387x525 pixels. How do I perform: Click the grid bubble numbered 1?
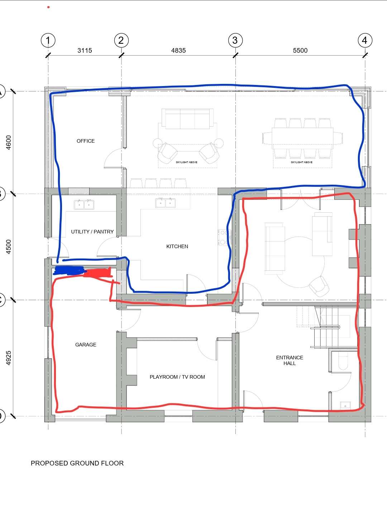point(48,40)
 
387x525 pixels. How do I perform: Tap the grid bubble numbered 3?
point(235,40)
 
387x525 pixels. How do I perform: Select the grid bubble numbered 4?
point(365,40)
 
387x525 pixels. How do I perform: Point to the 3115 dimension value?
point(85,51)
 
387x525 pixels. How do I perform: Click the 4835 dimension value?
point(178,51)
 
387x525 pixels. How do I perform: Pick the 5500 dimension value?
point(300,51)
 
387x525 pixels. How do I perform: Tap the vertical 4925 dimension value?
point(9,358)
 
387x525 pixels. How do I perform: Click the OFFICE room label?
point(86,141)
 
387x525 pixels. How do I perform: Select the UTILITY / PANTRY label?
point(92,232)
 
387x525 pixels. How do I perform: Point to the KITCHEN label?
point(177,246)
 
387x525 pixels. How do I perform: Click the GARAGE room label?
point(86,345)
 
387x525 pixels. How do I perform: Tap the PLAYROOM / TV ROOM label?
point(177,377)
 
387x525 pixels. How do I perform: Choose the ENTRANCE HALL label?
point(290,360)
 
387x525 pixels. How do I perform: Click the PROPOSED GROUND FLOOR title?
point(77,463)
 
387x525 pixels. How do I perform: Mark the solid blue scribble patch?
point(69,270)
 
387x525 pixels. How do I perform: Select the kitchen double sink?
point(166,203)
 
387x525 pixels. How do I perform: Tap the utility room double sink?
point(84,205)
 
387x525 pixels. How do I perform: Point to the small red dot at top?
point(48,7)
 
